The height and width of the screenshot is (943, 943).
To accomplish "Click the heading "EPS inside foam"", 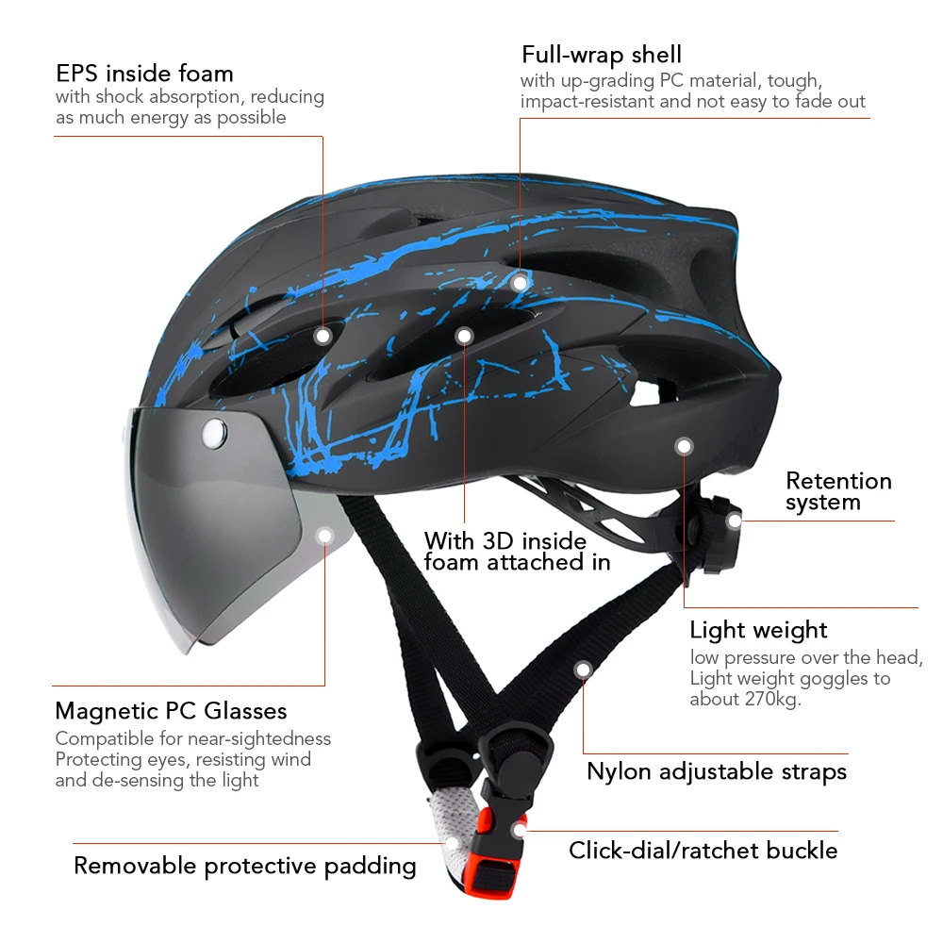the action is point(144,74).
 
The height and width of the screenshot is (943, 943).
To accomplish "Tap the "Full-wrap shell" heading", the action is point(602,54).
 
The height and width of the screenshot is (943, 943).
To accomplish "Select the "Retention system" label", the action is point(837,491).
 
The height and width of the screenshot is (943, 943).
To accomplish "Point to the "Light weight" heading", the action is point(758,630).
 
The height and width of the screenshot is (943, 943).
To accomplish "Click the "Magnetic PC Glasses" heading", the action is point(171,710).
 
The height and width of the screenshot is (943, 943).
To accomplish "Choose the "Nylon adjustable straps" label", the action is point(717,771).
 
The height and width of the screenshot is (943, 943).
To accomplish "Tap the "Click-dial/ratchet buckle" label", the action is point(703,851).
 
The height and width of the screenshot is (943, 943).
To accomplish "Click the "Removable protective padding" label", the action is point(244,866).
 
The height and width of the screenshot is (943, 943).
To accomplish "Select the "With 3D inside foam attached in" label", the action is point(517,552).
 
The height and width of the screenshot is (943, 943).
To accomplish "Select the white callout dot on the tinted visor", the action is point(325,536).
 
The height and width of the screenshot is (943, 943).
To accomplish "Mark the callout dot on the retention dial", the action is point(734,519).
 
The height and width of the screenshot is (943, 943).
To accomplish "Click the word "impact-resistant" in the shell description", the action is point(586,102).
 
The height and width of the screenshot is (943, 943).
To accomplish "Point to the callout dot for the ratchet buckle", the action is point(518,831).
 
